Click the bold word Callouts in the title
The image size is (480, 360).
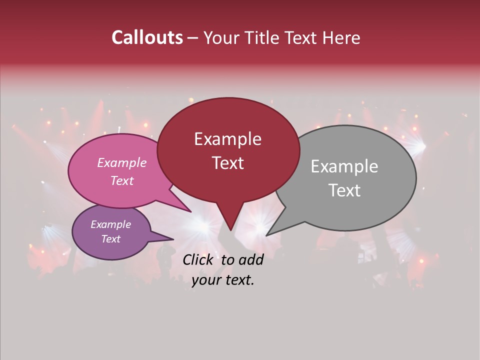[x=147, y=37]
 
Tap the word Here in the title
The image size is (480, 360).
[x=341, y=37]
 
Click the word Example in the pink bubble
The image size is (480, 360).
[x=121, y=162]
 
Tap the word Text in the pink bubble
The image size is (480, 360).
[x=121, y=180]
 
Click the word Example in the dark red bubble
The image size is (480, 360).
[x=227, y=139]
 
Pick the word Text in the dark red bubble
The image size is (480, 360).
[x=227, y=163]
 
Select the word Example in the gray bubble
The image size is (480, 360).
[x=344, y=166]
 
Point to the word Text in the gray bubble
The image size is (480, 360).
[x=344, y=190]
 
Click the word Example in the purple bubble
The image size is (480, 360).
[x=110, y=224]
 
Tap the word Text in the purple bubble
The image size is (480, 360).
[x=110, y=239]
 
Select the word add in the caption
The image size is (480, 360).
[x=251, y=259]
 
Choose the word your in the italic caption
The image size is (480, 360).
[x=204, y=280]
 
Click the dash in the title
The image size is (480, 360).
[x=193, y=38]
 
